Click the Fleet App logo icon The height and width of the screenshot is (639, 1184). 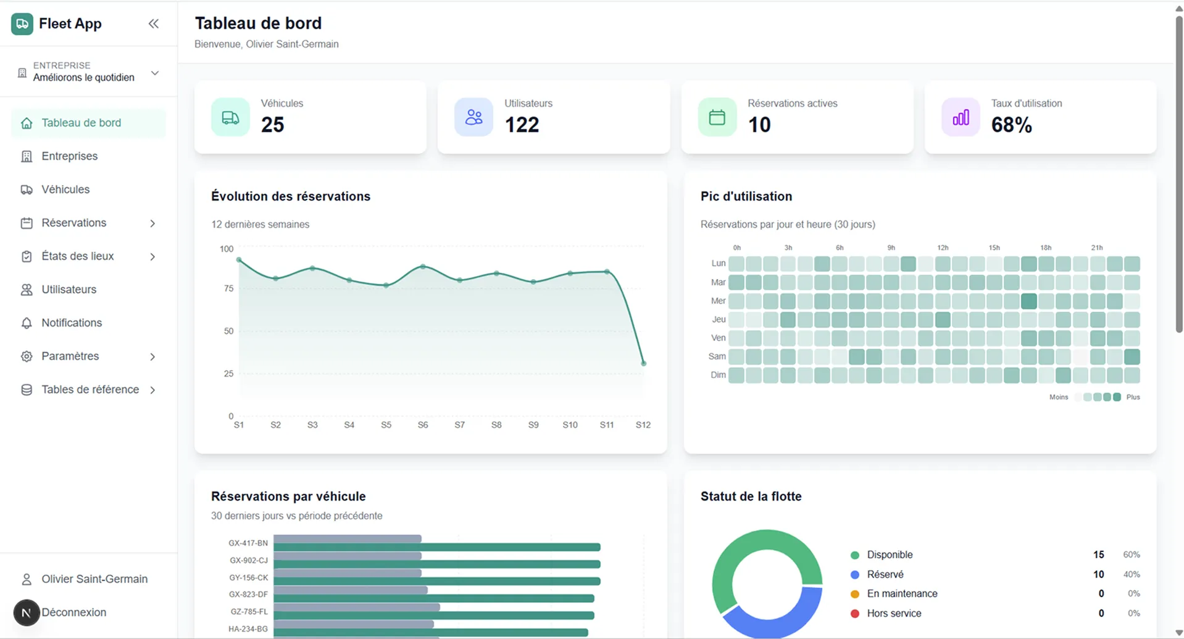pyautogui.click(x=22, y=24)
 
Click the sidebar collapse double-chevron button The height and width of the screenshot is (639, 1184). pyautogui.click(x=154, y=24)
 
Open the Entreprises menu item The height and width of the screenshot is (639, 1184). pyautogui.click(x=69, y=156)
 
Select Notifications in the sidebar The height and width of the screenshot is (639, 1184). pyautogui.click(x=72, y=323)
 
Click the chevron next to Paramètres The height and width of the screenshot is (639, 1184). pyautogui.click(x=152, y=357)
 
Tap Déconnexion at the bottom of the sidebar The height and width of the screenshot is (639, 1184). pyautogui.click(x=73, y=612)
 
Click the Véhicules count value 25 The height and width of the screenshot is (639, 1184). pyautogui.click(x=272, y=125)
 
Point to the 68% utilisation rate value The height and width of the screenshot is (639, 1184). pyautogui.click(x=1011, y=125)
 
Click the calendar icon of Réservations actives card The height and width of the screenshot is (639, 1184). pyautogui.click(x=717, y=117)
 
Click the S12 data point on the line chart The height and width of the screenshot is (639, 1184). pyautogui.click(x=643, y=364)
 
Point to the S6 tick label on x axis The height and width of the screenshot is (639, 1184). pyautogui.click(x=423, y=425)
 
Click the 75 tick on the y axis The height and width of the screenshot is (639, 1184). pyautogui.click(x=228, y=289)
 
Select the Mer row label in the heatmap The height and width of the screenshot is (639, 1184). pyautogui.click(x=718, y=301)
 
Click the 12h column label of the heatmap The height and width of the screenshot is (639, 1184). pyautogui.click(x=943, y=248)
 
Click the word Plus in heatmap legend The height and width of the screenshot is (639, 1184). pyautogui.click(x=1133, y=398)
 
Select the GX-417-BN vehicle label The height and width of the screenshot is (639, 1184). pyautogui.click(x=248, y=543)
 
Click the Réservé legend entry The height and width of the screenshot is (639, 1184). pyautogui.click(x=885, y=575)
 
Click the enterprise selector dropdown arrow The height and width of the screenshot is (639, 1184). pyautogui.click(x=155, y=73)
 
